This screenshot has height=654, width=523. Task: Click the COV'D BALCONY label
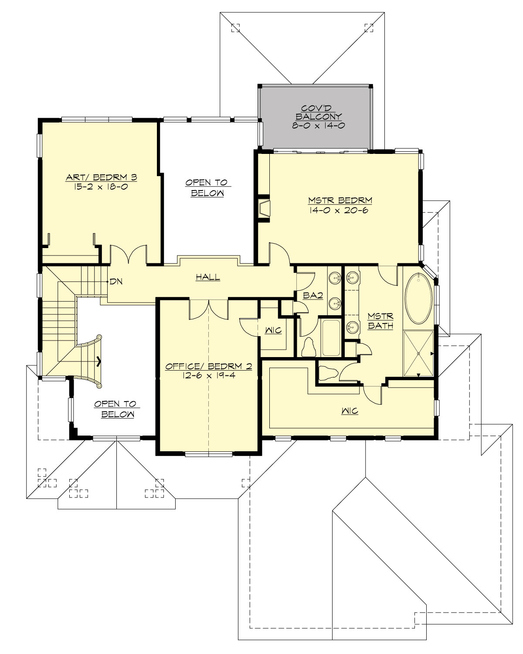(x=319, y=112)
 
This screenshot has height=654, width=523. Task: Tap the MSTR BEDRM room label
(x=340, y=201)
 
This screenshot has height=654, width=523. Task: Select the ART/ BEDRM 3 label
(x=101, y=177)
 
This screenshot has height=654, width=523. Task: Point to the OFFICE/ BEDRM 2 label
(x=208, y=366)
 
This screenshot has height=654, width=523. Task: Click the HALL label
(x=208, y=277)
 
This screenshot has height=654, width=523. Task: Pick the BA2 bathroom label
(x=313, y=296)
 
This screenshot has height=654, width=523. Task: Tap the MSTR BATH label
(x=380, y=320)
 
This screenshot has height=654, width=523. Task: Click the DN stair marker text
(x=116, y=282)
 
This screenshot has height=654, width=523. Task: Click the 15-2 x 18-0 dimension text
(x=101, y=187)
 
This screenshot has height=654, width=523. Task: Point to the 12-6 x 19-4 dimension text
(x=209, y=375)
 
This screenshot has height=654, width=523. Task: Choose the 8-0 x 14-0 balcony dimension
(x=319, y=126)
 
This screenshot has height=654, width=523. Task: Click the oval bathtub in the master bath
(x=418, y=299)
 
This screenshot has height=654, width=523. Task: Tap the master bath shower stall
(x=418, y=353)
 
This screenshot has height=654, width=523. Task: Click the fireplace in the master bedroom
(x=264, y=208)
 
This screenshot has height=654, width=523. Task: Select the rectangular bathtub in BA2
(x=331, y=338)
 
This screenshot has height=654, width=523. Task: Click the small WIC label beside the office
(x=273, y=330)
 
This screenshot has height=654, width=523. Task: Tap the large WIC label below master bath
(x=350, y=411)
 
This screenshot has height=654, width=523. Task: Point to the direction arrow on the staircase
(x=99, y=361)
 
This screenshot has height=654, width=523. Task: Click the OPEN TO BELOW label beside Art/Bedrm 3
(x=207, y=187)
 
